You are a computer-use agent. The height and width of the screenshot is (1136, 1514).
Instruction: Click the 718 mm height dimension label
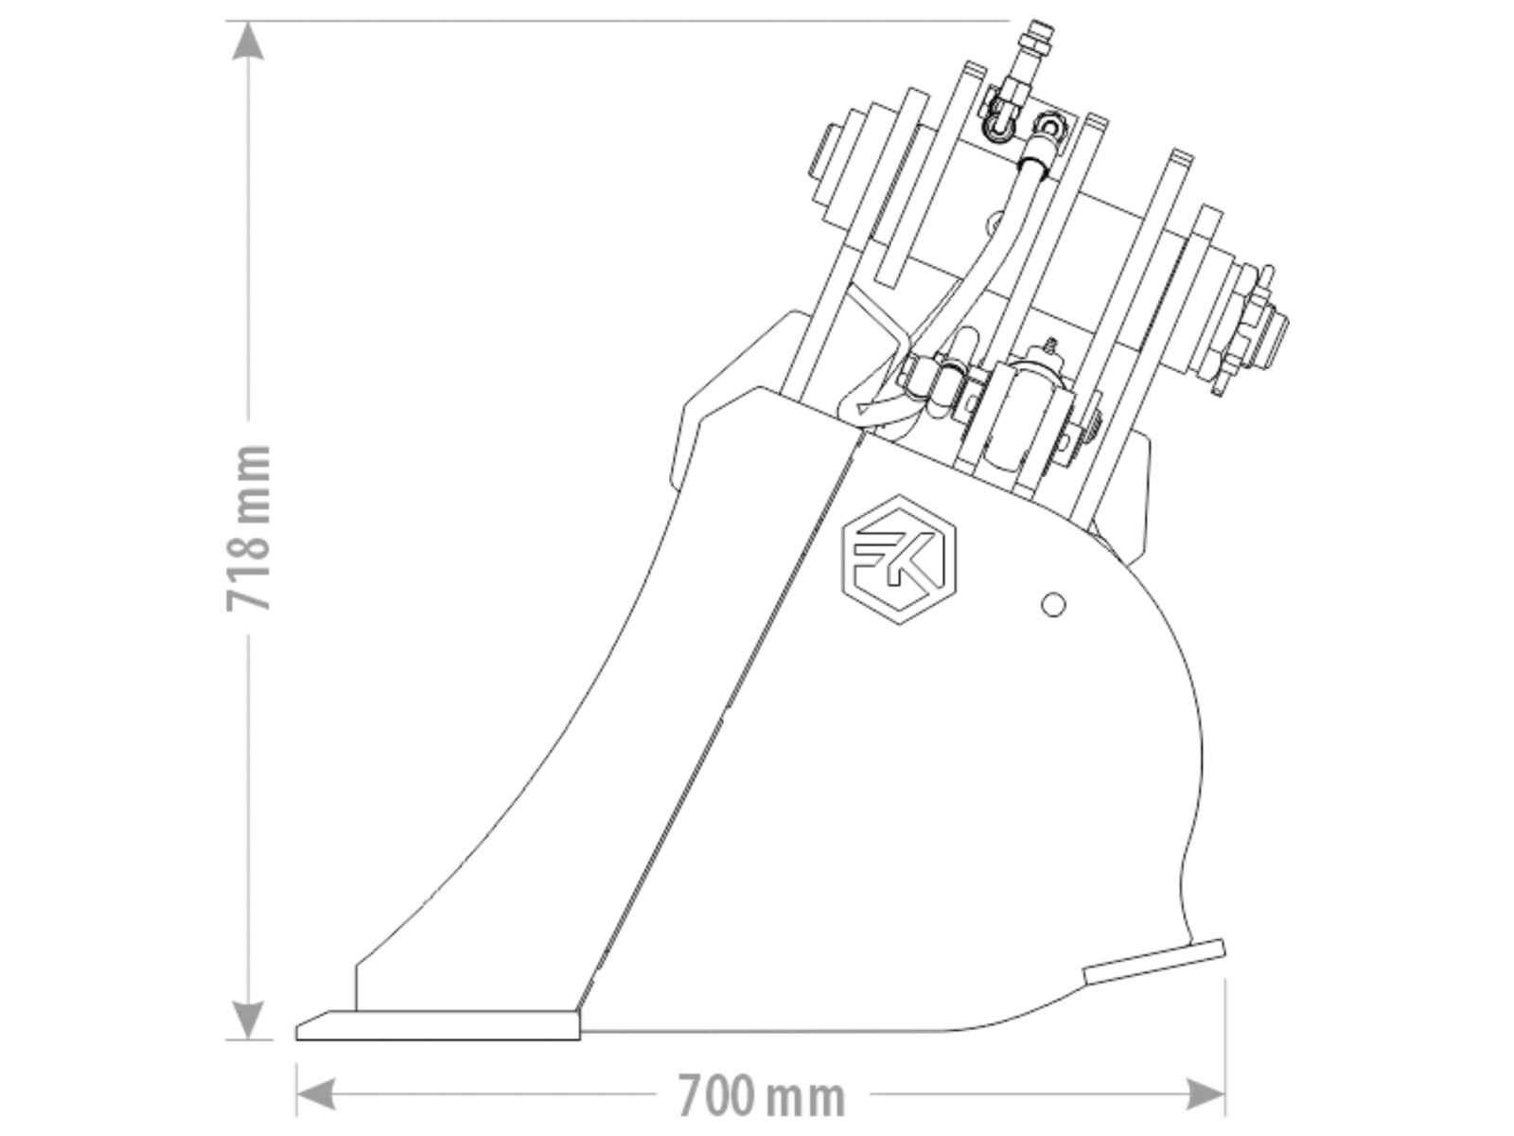click(248, 527)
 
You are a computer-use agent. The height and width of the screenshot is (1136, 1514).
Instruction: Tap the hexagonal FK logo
click(899, 560)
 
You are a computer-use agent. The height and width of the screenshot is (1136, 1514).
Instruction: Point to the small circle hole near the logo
click(1052, 605)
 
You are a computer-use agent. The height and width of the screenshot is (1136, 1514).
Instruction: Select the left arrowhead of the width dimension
click(316, 1094)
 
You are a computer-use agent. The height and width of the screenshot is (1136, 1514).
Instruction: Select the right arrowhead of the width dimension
click(1205, 1094)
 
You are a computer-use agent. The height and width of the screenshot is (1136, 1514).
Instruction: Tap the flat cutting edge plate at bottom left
click(438, 1025)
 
